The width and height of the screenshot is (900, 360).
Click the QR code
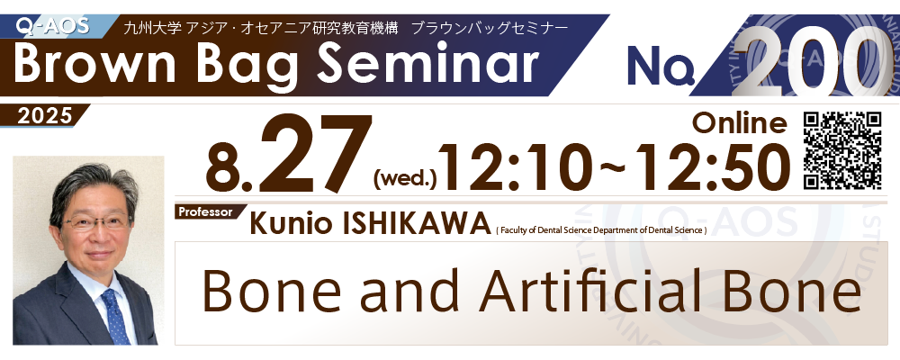coord(842,151)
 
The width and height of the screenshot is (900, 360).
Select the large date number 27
coord(314,153)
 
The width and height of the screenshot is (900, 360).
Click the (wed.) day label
coord(405,180)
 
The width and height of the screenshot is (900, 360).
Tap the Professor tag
coord(205,211)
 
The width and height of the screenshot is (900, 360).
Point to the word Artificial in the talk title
coord(612,292)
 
